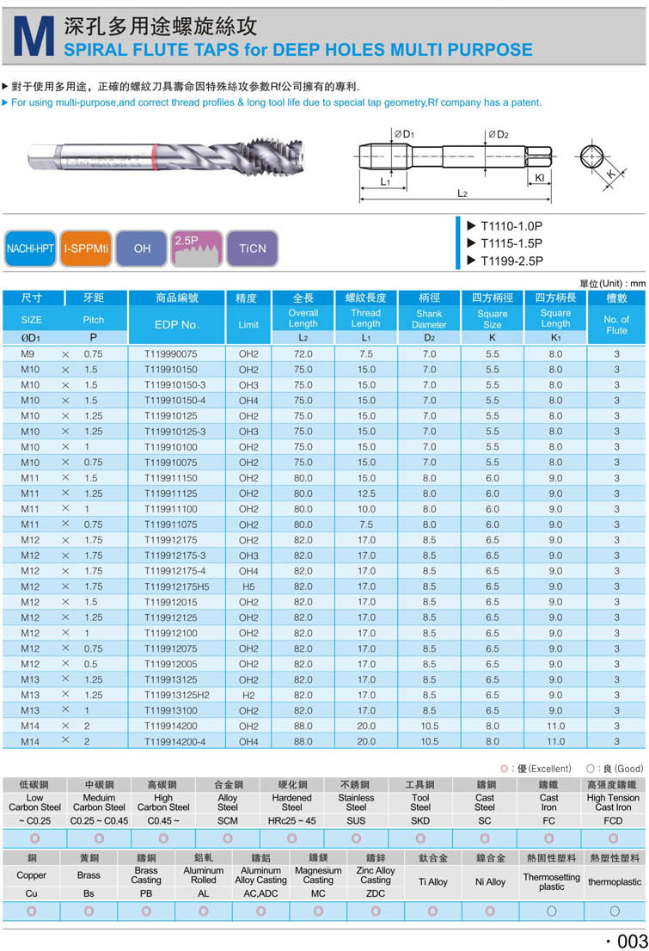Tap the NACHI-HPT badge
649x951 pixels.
point(31,248)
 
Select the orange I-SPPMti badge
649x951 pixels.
point(85,248)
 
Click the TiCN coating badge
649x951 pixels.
point(253,248)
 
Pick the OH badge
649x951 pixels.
point(142,248)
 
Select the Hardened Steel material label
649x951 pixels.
point(291,801)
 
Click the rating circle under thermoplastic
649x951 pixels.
point(615,911)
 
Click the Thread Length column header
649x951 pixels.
point(365,318)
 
